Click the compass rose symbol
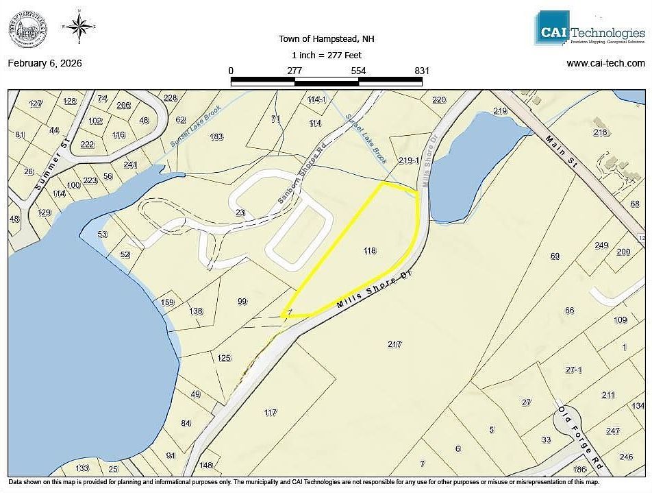tap(79, 28)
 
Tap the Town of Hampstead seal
tap(28, 31)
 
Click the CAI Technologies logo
tap(590, 29)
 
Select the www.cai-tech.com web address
tap(605, 63)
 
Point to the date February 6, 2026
tap(45, 63)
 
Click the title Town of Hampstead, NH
tap(327, 39)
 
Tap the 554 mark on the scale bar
tap(358, 71)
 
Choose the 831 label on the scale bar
tap(422, 71)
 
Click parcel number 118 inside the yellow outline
tap(370, 251)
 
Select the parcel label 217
tap(394, 344)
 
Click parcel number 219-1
tap(408, 160)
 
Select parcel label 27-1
tap(574, 370)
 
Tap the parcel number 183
tap(216, 136)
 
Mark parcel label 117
tap(270, 412)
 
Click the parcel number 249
tap(601, 245)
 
